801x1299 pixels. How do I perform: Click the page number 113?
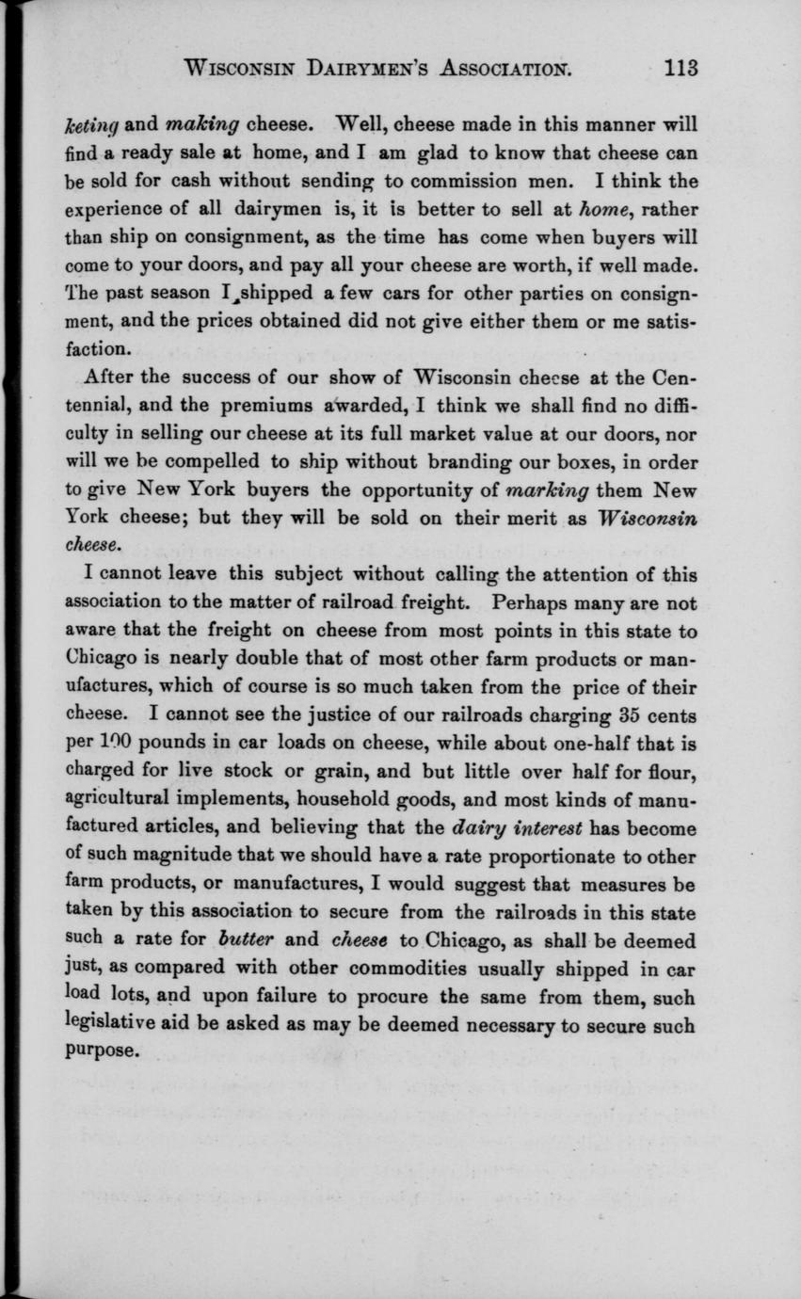[x=679, y=68]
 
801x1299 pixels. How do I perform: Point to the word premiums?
[x=275, y=409]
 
